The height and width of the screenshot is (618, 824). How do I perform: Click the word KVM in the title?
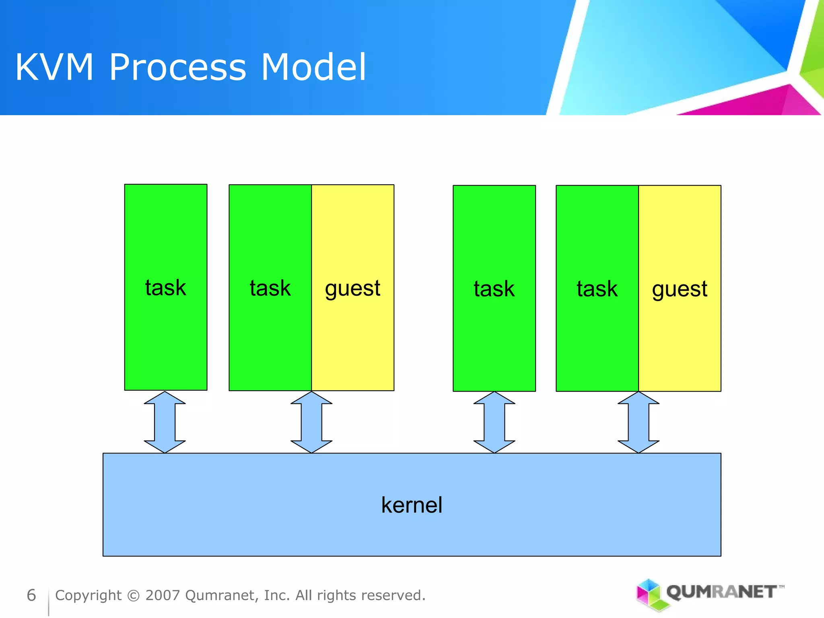point(54,67)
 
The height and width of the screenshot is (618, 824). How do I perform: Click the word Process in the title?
point(177,67)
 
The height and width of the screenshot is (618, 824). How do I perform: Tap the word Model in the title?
point(313,67)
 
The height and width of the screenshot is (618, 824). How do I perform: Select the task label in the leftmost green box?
point(165,288)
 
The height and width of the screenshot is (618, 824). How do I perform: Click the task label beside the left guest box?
point(270,288)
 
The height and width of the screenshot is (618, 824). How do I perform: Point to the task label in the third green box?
point(494,289)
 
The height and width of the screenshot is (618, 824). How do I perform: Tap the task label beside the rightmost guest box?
point(597,289)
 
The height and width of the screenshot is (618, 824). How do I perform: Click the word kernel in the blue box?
point(412,505)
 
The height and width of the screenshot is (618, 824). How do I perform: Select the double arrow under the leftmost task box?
point(165,422)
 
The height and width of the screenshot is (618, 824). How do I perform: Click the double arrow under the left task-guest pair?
point(311,422)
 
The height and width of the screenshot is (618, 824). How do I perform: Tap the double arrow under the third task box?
point(494,422)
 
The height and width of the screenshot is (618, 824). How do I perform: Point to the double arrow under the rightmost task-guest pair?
point(639,422)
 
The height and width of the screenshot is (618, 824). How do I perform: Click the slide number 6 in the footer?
point(31,595)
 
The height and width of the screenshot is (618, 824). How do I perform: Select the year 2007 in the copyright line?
point(163,595)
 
